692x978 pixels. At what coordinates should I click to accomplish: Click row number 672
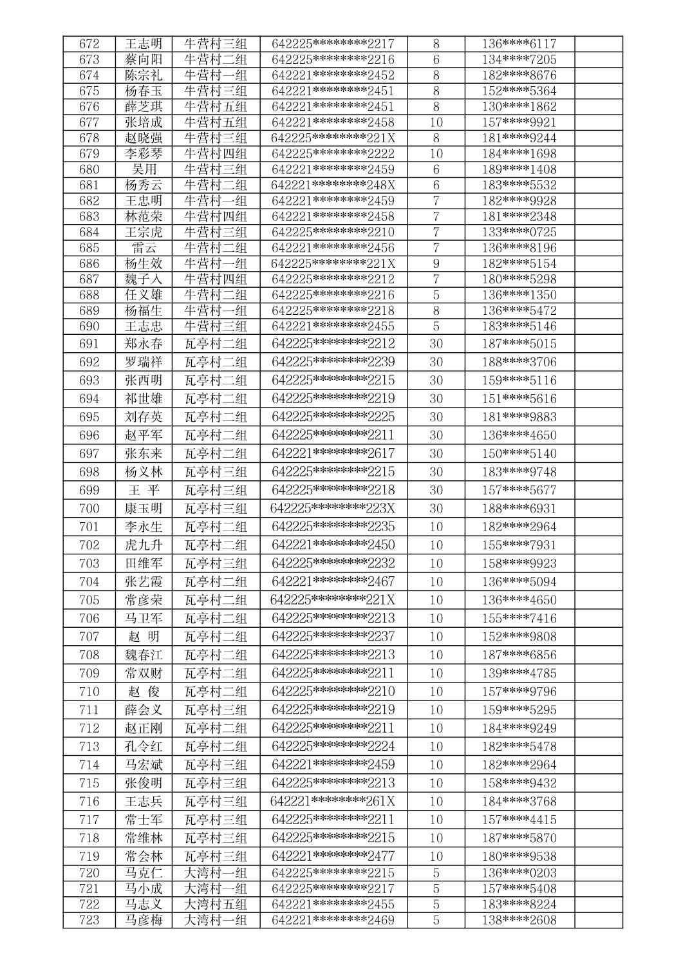tap(89, 44)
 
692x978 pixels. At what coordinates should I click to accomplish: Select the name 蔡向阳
tap(144, 60)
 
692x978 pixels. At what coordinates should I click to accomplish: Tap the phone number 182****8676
tap(519, 75)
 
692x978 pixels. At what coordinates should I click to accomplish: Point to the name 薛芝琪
tap(144, 107)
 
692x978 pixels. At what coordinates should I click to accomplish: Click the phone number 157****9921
tap(519, 122)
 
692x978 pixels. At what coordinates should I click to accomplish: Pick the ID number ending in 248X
tap(333, 185)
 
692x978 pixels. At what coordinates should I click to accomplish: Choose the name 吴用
tap(144, 169)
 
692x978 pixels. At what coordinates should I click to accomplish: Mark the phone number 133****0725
tap(519, 232)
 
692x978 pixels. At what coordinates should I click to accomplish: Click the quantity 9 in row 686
tap(436, 263)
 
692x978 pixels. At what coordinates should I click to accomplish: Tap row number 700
tap(89, 509)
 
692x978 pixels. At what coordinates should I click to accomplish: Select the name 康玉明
tap(144, 509)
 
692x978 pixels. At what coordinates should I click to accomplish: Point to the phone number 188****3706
tap(519, 362)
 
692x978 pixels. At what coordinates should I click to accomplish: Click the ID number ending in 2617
tap(333, 453)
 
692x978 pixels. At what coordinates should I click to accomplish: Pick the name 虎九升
tap(144, 545)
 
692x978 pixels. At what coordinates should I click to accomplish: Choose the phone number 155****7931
tap(519, 545)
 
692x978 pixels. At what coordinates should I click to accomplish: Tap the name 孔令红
tap(144, 747)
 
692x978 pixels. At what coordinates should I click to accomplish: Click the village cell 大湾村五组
tap(216, 905)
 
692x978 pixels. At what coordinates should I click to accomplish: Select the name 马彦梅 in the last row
tap(144, 920)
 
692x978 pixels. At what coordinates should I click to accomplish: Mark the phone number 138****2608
tap(519, 920)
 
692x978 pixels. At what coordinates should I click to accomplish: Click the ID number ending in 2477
tap(333, 856)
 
